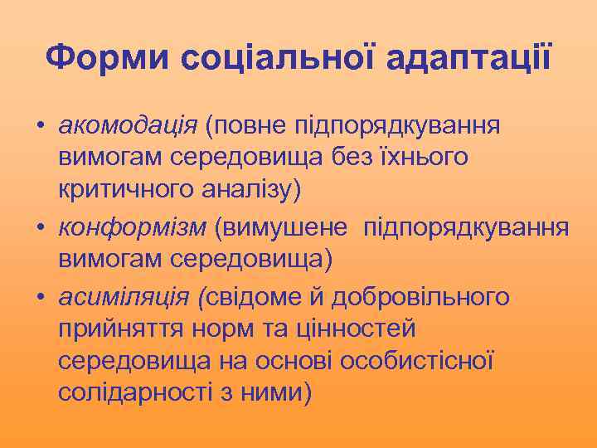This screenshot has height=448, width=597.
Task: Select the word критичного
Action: click(x=127, y=190)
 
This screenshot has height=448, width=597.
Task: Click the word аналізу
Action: click(x=254, y=190)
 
